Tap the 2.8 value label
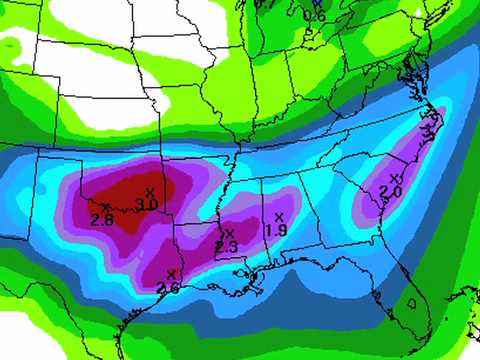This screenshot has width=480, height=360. tap(100, 219)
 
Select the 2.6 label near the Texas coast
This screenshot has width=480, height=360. tap(169, 288)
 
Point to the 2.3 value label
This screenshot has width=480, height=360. tap(225, 247)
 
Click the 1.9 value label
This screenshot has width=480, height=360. tap(276, 230)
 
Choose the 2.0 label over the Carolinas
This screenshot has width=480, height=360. tap(390, 191)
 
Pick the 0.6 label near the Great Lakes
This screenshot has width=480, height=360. tap(314, 15)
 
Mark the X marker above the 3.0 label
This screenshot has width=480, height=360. tap(150, 191)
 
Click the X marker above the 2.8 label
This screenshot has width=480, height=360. tap(105, 206)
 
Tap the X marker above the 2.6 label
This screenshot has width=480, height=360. tap(172, 274)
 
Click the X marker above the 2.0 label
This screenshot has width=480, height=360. tap(395, 178)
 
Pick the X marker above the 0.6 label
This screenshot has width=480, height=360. tap(317, 4)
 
